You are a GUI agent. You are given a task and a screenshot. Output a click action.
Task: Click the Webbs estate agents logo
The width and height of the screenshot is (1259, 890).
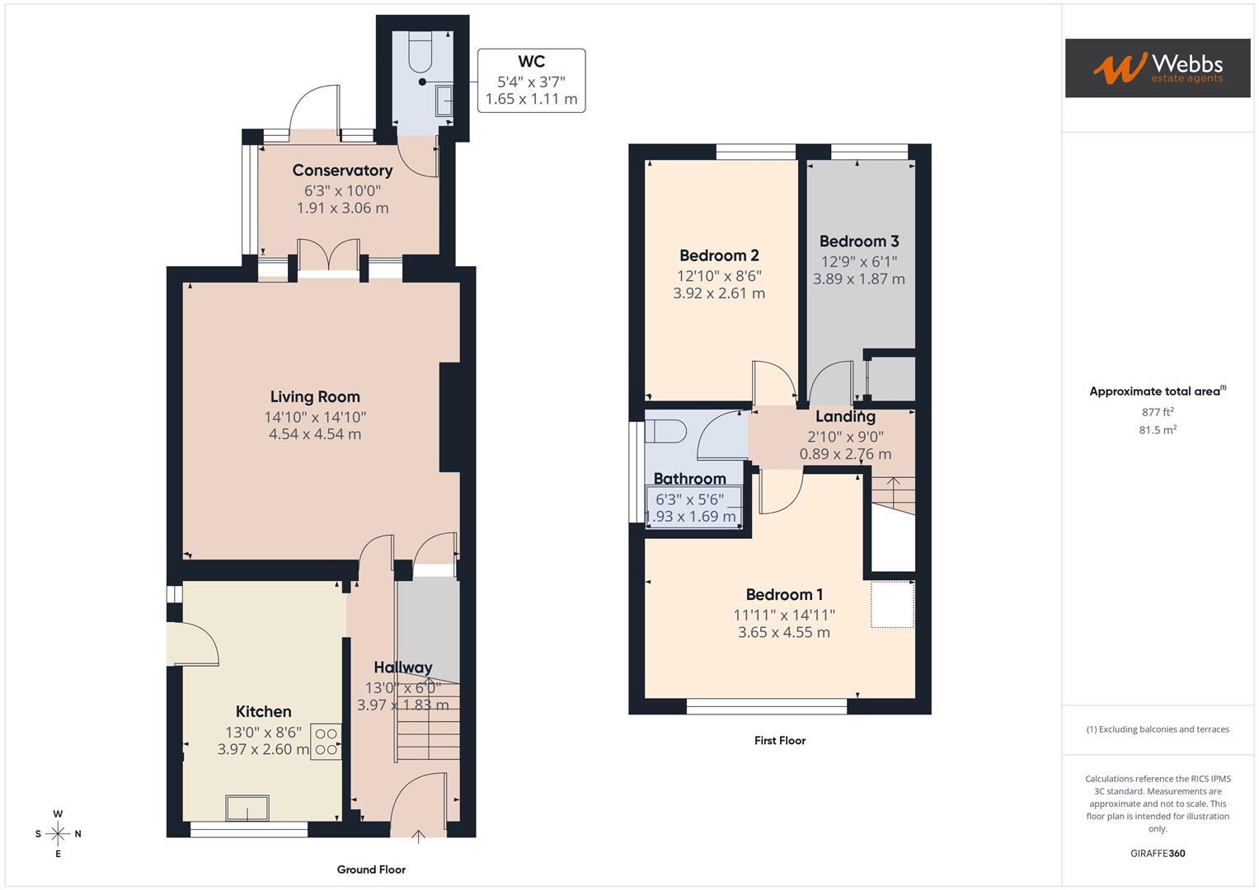coord(1157,68)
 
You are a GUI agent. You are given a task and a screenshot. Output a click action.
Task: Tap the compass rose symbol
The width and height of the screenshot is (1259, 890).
coord(58,834)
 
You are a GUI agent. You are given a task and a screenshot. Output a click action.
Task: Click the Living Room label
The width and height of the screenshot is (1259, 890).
coord(315,396)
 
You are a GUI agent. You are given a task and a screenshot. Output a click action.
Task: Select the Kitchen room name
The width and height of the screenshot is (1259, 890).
coord(263,711)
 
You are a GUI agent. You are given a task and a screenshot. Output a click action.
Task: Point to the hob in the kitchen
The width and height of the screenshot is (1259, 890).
coord(326,741)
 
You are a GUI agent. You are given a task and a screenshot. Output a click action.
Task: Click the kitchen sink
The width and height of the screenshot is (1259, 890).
coord(247,808)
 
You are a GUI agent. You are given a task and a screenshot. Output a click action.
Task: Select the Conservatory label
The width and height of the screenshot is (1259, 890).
coord(342,171)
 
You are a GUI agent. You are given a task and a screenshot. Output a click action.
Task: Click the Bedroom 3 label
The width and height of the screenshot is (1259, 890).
coord(859,241)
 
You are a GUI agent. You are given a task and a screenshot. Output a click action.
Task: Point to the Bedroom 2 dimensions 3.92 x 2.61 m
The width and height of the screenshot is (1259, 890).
coord(719,293)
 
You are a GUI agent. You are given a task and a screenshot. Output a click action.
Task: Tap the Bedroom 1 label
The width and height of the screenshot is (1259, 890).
coord(784,594)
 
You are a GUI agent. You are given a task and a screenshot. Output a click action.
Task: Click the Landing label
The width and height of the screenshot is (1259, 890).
coord(845,416)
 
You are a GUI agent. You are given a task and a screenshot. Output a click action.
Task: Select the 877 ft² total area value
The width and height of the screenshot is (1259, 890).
coord(1158,412)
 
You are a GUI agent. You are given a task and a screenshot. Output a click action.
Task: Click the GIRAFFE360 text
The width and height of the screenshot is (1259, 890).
coord(1158,853)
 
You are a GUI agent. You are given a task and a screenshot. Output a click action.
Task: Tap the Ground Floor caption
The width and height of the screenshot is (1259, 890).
coord(371,869)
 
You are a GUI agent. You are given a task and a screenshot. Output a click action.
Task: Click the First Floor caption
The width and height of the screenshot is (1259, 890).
coord(779,740)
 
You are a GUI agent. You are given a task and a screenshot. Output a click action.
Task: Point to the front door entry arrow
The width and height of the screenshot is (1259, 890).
coord(418,837)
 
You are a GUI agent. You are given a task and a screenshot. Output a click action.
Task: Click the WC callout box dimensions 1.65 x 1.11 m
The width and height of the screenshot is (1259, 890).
coord(531,99)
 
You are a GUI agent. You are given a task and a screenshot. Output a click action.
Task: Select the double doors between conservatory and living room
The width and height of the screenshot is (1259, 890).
coord(328,255)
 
